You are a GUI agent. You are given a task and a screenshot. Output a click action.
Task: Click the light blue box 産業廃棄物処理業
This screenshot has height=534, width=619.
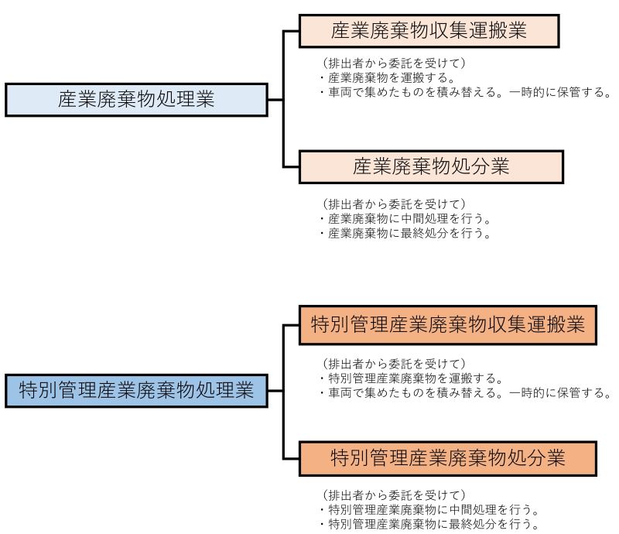(x=137, y=100)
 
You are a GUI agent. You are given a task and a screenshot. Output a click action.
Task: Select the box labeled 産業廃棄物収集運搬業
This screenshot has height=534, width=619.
(x=429, y=31)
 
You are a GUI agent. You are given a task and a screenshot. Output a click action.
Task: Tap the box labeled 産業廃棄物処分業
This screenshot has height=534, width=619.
(x=431, y=166)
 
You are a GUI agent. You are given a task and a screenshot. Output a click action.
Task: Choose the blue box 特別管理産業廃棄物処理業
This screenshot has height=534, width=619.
(x=137, y=390)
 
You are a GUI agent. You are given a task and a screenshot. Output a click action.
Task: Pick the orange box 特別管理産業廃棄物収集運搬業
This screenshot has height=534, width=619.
(x=448, y=325)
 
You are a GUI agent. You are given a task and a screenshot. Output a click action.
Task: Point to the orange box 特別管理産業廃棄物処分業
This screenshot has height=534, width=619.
(x=448, y=459)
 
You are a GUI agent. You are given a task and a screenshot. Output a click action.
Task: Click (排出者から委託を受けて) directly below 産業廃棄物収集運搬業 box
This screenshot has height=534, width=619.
(x=394, y=63)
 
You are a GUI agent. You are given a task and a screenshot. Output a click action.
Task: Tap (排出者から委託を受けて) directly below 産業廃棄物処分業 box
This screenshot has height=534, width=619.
(x=394, y=204)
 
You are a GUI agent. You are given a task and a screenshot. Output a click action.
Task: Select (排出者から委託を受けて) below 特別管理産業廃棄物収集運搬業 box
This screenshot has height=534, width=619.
(x=394, y=364)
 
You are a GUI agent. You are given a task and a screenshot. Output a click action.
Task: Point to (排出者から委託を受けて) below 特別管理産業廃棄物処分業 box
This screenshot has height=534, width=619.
(x=394, y=495)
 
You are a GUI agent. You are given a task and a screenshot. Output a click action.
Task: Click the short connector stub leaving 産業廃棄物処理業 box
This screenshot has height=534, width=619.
(x=275, y=100)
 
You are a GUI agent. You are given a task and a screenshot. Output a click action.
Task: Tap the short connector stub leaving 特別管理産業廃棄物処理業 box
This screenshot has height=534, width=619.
(x=275, y=391)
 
